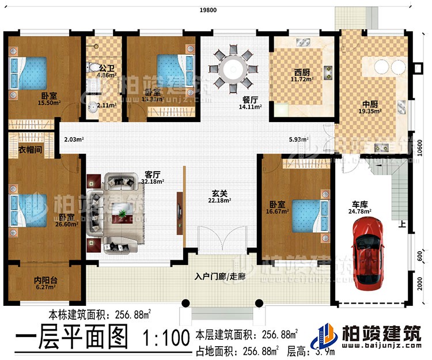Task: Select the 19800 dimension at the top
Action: [x=209, y=9]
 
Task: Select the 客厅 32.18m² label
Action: [x=151, y=179]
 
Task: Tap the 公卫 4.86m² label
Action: [x=105, y=71]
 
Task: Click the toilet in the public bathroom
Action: [x=94, y=69]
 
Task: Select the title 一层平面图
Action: [x=69, y=338]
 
